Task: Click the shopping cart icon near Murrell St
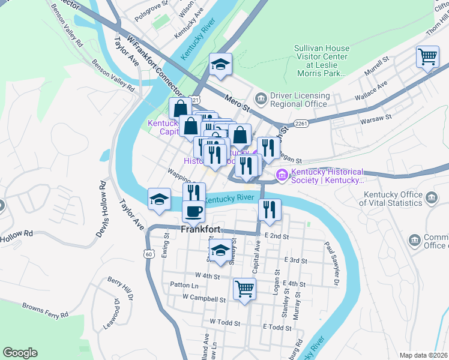427,57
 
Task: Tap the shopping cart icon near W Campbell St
244,289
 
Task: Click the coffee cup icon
193,211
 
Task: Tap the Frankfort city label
202,229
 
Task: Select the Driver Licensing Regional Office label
300,100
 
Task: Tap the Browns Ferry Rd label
41,310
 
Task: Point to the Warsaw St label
376,119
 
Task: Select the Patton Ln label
184,285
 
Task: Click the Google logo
20,353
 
